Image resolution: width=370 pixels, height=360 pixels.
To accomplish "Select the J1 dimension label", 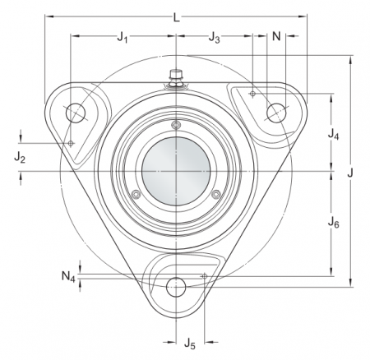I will [x=123, y=37].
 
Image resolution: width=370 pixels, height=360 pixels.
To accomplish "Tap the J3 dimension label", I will [x=215, y=37].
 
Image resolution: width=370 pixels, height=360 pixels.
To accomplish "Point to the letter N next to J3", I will [x=276, y=37].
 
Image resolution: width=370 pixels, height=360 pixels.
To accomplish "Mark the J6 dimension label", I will [x=332, y=222].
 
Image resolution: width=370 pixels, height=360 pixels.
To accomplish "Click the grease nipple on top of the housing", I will [x=175, y=76].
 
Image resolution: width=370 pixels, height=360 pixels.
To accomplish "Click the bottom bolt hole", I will [x=176, y=288].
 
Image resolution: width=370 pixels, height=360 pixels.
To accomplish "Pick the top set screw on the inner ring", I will [x=176, y=125].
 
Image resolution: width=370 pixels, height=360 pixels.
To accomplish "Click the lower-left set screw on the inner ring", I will [x=136, y=194].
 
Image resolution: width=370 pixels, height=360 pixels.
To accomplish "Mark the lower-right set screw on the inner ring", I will [x=215, y=194].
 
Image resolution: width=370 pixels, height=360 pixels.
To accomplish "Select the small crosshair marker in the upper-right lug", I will [x=252, y=95].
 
